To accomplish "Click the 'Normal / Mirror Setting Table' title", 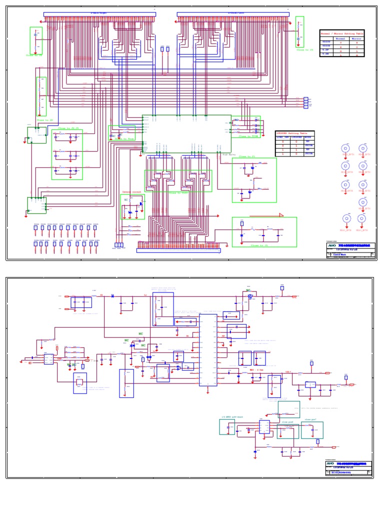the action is coord(341,32).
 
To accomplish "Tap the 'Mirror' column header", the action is coord(356,38).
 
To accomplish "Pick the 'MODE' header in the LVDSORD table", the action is coord(308,137).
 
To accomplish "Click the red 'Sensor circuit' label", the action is coord(132,191).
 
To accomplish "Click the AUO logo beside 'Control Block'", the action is coord(330,246).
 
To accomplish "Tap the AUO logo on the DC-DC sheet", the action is coord(330,463).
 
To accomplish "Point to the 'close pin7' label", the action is coord(310,420).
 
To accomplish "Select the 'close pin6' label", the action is coord(287,421).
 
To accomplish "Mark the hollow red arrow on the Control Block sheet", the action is coord(281,215).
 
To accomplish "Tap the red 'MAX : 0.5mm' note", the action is coord(255,370).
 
